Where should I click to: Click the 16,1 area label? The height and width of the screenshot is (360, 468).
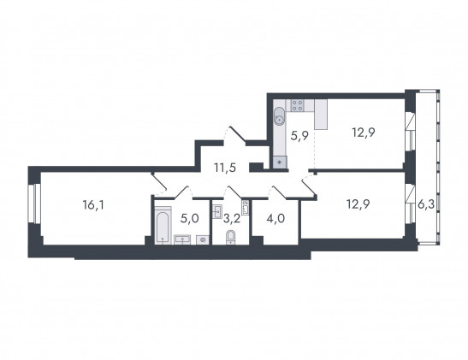(x=93, y=205)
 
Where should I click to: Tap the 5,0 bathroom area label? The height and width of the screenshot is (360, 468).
(x=189, y=219)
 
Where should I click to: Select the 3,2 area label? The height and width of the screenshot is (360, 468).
(x=232, y=219)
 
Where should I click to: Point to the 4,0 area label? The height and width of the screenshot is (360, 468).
(x=275, y=219)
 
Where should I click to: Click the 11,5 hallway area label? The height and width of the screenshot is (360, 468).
(x=225, y=168)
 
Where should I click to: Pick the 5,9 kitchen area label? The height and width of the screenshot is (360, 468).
(x=299, y=137)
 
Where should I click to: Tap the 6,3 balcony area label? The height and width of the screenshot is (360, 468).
(x=426, y=205)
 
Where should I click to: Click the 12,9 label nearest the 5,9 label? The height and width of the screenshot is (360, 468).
(x=364, y=133)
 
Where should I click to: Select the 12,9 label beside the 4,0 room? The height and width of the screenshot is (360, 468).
(x=358, y=204)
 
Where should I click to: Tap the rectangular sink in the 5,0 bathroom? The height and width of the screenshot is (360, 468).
(x=182, y=239)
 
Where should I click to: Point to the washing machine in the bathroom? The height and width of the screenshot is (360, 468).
(x=203, y=239)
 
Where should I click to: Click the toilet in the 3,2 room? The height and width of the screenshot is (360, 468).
(x=230, y=237)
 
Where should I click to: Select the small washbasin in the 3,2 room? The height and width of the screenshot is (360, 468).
(x=217, y=211)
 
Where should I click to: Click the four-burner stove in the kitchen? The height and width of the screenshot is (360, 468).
(x=298, y=105)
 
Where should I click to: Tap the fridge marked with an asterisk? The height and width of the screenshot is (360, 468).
(x=280, y=162)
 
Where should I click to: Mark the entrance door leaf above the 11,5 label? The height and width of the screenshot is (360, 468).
(x=238, y=134)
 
